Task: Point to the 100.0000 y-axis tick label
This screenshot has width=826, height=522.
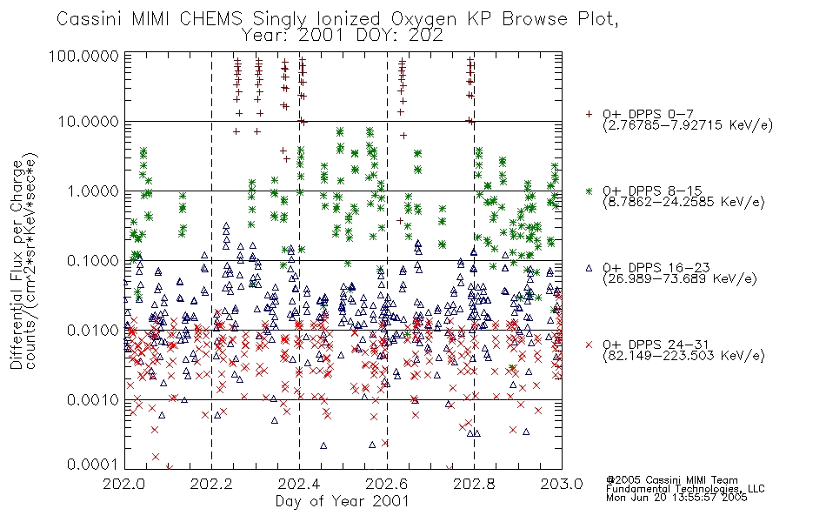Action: [x=83, y=56]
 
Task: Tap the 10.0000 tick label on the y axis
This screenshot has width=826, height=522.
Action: [x=88, y=122]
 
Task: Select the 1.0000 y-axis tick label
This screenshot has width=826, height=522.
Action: [x=92, y=191]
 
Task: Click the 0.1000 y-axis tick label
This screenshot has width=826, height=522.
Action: [x=92, y=260]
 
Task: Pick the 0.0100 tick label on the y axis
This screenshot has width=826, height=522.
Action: [x=92, y=330]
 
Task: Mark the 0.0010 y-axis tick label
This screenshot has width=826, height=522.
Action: [x=92, y=399]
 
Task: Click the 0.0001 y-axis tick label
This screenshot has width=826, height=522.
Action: [x=92, y=464]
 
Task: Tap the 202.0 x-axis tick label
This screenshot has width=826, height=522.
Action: [x=124, y=484]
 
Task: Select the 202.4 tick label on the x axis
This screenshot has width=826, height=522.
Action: [x=299, y=484]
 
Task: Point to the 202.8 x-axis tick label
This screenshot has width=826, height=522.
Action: [x=474, y=484]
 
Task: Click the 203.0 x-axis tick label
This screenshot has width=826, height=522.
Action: [x=562, y=484]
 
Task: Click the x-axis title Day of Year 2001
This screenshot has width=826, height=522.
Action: [x=343, y=501]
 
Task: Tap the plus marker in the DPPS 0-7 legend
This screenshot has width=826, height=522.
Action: [x=589, y=114]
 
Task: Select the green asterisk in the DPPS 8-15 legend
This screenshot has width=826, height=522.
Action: [x=589, y=191]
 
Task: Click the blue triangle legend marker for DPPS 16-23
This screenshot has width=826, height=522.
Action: [x=589, y=268]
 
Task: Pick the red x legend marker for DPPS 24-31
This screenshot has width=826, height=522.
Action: [x=589, y=345]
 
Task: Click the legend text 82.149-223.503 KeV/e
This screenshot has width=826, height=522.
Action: [x=683, y=355]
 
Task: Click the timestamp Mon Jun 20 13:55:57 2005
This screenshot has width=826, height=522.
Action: [x=676, y=498]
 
